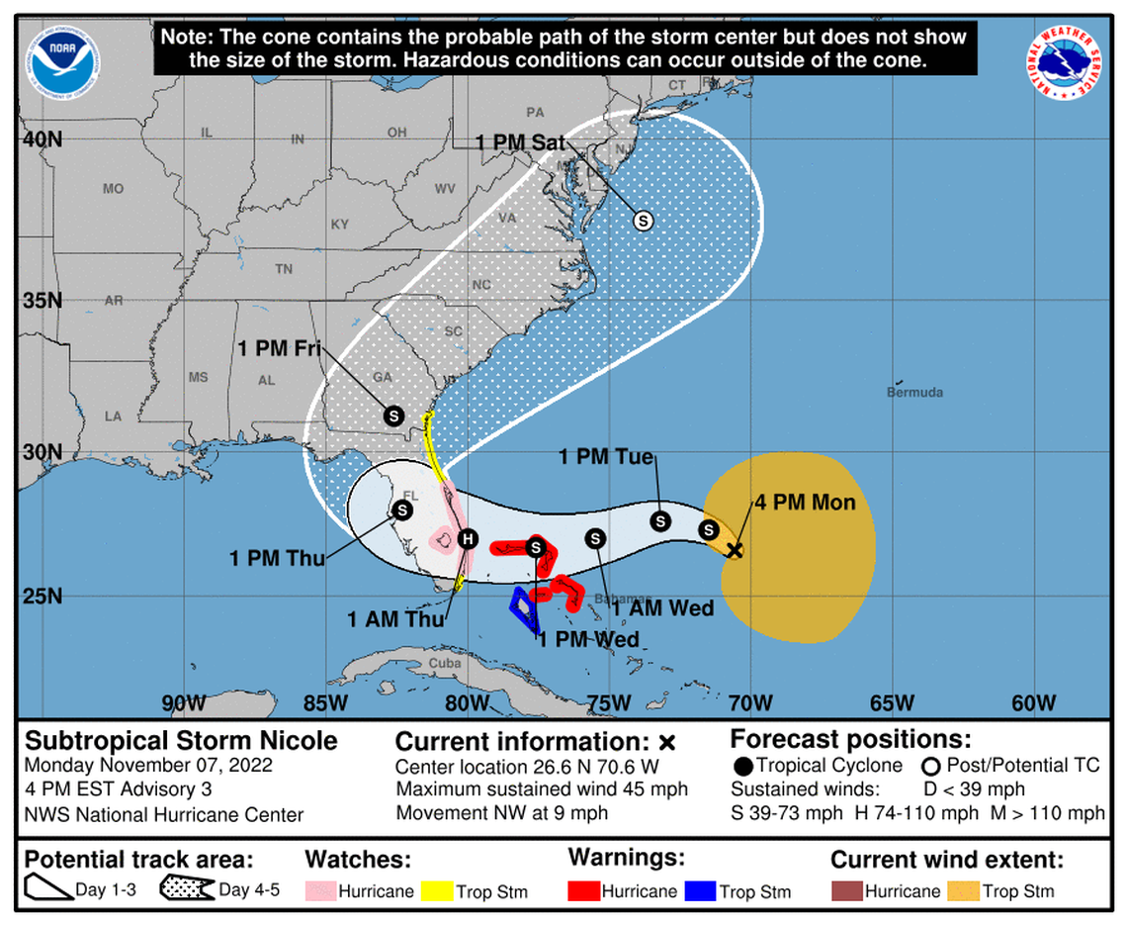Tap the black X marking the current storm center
point(735,550)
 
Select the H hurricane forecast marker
point(469,539)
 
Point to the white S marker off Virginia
point(643,221)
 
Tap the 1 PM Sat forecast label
point(520,143)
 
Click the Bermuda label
point(915,392)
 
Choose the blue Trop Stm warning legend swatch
point(699,891)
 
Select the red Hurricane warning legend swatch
point(583,891)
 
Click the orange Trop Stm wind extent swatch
point(962,891)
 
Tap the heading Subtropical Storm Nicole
point(181,741)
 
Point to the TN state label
point(284,268)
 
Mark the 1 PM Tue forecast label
point(606,457)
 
